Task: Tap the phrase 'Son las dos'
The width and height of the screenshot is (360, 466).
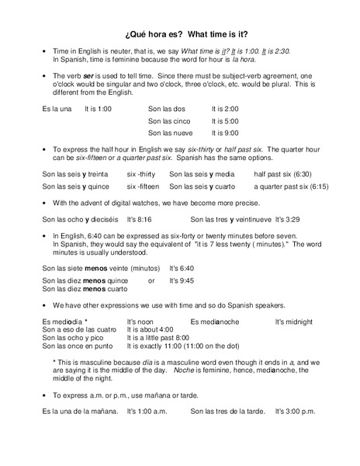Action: tap(167, 110)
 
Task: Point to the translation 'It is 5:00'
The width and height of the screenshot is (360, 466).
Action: tap(225, 121)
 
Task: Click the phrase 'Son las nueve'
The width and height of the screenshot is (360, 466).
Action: tap(171, 133)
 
